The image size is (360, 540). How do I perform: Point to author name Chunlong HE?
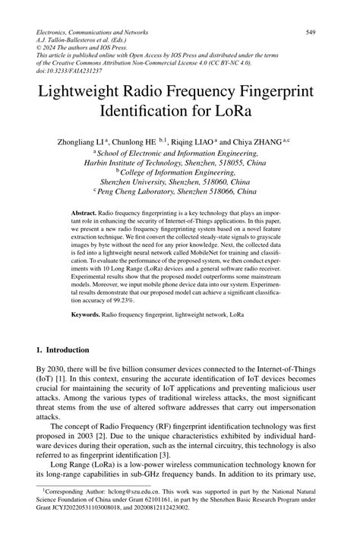(x=153, y=141)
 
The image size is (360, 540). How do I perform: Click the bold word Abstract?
(x=81, y=216)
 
